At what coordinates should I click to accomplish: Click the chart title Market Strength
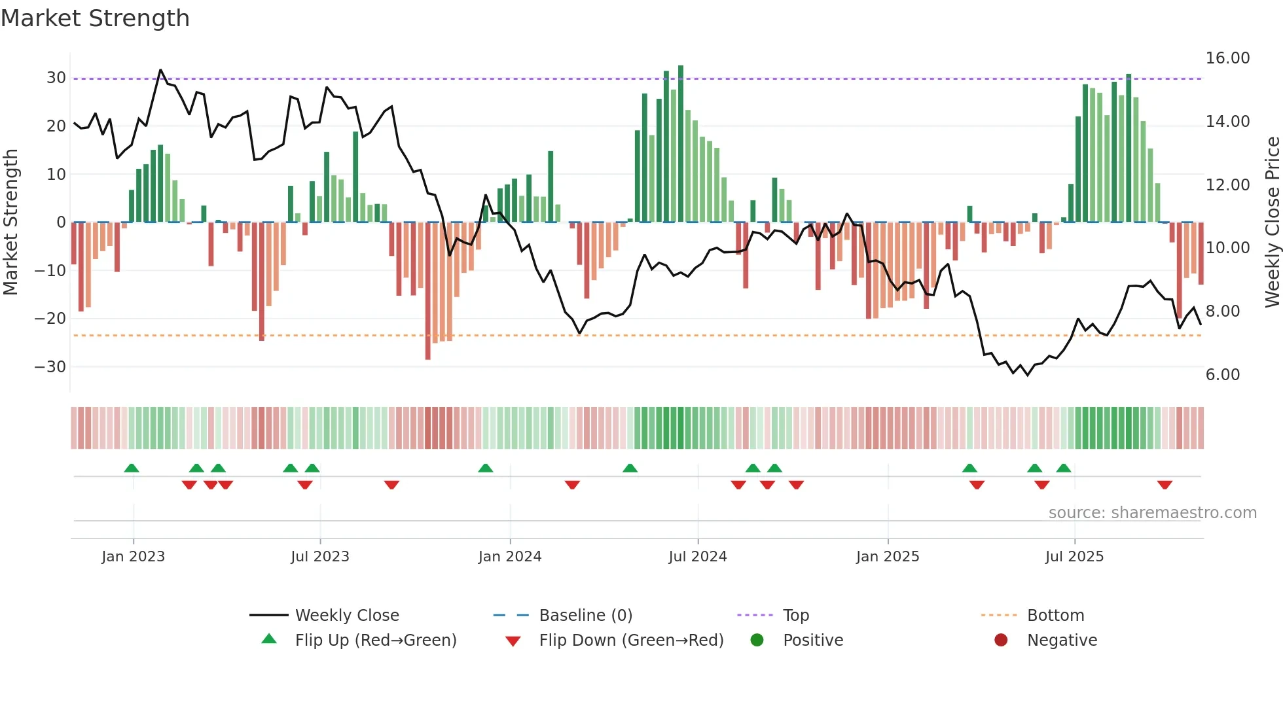(95, 18)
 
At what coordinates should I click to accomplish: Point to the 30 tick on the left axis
(56, 78)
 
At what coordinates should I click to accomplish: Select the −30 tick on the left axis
(50, 367)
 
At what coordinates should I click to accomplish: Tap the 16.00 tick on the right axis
(1227, 58)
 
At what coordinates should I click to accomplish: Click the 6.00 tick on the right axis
(1222, 375)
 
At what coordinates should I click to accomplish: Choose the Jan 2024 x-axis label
(510, 557)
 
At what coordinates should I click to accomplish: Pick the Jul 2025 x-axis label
(1074, 557)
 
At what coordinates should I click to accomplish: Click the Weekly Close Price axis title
(1272, 222)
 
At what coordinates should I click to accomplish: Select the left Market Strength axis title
(10, 222)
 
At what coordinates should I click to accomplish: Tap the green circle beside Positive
(757, 641)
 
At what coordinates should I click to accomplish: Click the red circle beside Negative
(1001, 641)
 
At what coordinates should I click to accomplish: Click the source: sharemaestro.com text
(1152, 513)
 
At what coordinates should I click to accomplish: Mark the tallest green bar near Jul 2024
(681, 144)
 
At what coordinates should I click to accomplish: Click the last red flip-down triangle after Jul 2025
(1165, 485)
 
